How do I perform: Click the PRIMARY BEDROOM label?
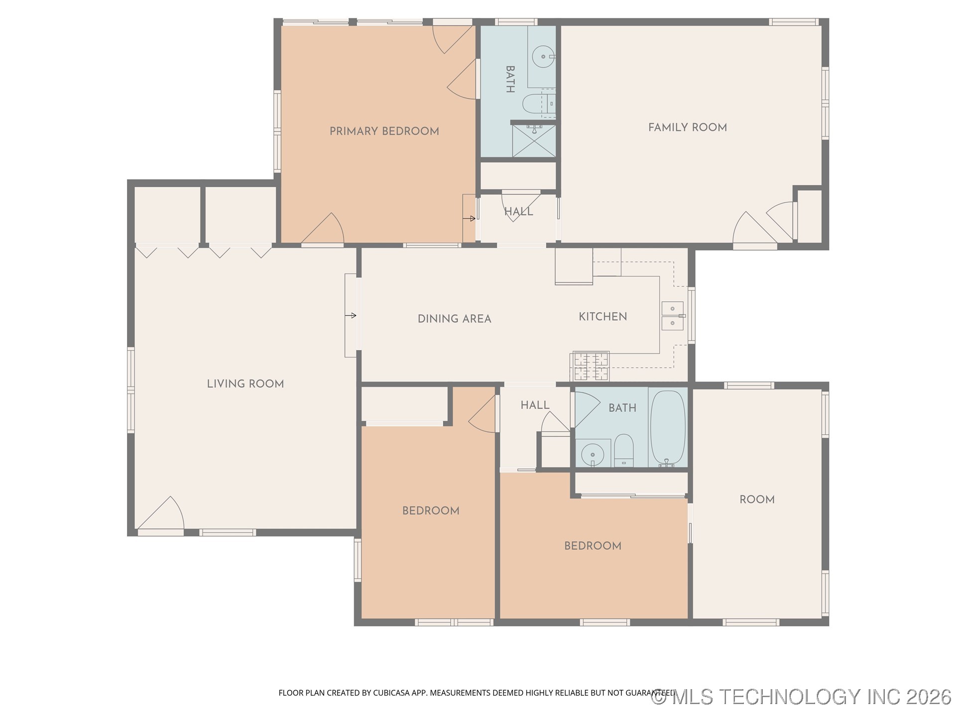coord(384,131)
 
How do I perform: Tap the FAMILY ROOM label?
coord(687,127)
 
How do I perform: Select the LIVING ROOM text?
coord(245,384)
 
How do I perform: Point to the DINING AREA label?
coord(454,319)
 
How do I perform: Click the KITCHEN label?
coord(602,317)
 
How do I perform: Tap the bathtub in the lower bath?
coord(667,427)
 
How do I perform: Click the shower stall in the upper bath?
coord(534,141)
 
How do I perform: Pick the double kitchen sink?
coord(672,316)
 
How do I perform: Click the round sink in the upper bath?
coord(543,56)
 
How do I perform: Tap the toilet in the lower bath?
coord(623,450)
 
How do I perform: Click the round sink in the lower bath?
coord(593,454)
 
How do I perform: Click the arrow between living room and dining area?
coord(351,315)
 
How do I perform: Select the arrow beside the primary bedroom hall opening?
coord(469,218)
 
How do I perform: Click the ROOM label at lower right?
coord(757,499)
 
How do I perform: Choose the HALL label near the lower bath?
coord(535,405)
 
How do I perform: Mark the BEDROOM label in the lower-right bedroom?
coord(593,546)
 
